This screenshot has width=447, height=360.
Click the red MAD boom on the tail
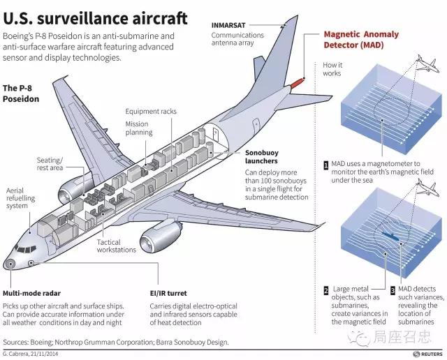(297, 83)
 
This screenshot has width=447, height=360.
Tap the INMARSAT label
(228, 25)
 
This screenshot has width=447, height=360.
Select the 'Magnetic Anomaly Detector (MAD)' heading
(361, 40)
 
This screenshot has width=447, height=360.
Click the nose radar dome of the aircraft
(10, 264)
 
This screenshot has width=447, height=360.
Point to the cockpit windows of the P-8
(26, 249)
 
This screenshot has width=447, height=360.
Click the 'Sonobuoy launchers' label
(261, 157)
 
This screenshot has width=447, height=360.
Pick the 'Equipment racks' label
(151, 112)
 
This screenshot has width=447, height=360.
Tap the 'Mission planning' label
(139, 128)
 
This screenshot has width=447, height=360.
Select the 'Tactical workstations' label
(116, 246)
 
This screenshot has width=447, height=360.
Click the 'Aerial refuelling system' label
(20, 198)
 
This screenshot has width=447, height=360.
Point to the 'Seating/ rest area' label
(50, 164)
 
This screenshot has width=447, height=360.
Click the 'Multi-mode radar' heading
(31, 293)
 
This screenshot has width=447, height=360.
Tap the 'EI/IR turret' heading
(168, 293)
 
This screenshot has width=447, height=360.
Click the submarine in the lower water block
(392, 236)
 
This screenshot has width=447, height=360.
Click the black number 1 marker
(326, 165)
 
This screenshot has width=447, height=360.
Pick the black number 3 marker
(393, 290)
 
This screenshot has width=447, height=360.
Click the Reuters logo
(427, 354)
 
